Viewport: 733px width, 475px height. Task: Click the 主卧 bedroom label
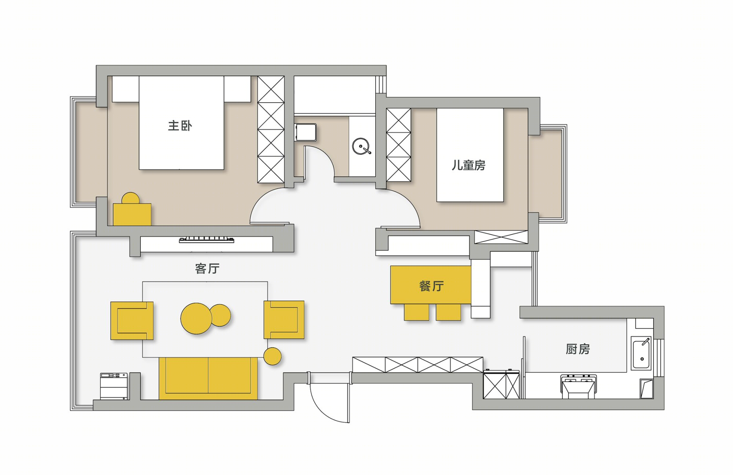coord(180,126)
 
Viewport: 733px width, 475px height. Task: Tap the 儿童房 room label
coord(468,165)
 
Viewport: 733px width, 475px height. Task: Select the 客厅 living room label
coord(207,268)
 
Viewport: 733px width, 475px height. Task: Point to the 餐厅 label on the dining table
coord(431,286)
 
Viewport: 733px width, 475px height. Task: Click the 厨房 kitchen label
coord(578,349)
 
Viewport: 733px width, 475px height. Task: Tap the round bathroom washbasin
coord(361,146)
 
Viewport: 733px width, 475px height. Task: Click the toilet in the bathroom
coord(306,132)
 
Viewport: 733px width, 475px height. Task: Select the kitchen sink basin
coord(641,353)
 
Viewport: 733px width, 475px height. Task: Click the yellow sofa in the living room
coord(208,378)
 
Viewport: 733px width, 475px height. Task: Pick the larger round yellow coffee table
coord(196,318)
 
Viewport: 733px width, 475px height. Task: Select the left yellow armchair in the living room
coord(132,320)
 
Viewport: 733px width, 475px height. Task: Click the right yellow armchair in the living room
coord(284,320)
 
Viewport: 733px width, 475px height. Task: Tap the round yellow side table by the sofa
coord(272,356)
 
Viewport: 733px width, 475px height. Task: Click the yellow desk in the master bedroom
coord(132,215)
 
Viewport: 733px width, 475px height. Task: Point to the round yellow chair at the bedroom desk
coord(130,198)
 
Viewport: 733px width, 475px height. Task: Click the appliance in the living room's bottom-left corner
coord(114,386)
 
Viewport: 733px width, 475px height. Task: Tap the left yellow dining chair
coord(416,312)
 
